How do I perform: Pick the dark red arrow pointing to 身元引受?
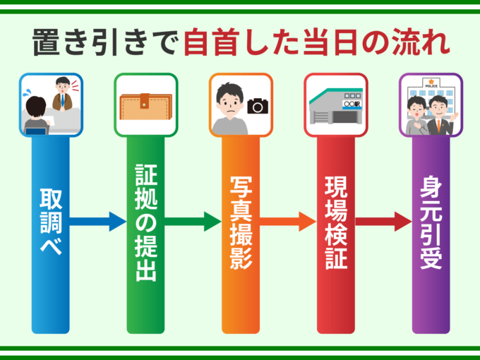tap(383, 221)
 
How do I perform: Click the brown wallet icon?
tap(145, 106)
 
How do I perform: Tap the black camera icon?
tap(258, 107)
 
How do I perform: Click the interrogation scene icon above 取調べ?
tap(51, 105)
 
